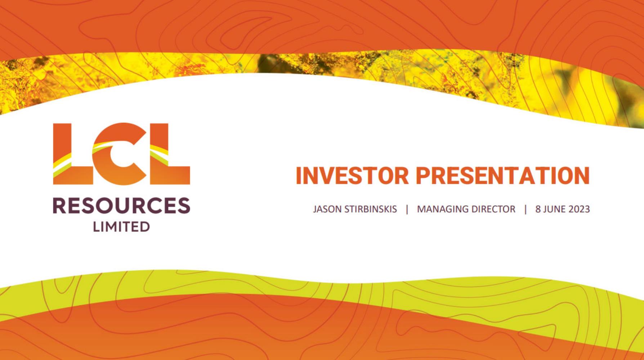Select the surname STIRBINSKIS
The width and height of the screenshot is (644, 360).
pos(371,209)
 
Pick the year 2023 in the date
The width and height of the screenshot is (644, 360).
pos(579,209)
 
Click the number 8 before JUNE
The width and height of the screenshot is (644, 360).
pos(538,209)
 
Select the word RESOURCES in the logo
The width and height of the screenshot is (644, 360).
pos(121,205)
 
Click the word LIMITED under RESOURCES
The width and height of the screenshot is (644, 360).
pos(121,227)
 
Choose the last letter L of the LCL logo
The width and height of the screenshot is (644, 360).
pos(170,154)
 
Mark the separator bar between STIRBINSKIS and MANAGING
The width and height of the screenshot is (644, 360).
pos(407,210)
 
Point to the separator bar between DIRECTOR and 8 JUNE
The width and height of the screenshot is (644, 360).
pos(526,210)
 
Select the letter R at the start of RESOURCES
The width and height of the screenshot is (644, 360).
pos(60,205)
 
